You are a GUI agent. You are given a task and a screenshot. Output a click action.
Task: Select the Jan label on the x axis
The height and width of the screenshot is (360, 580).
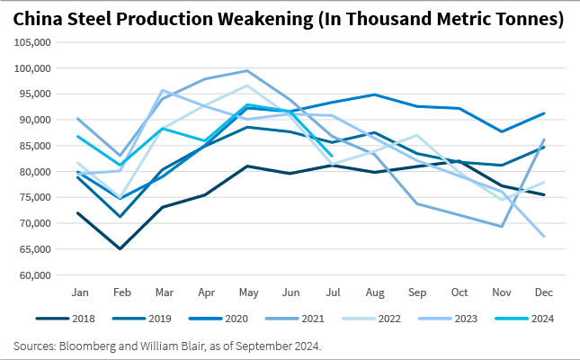(79, 292)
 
